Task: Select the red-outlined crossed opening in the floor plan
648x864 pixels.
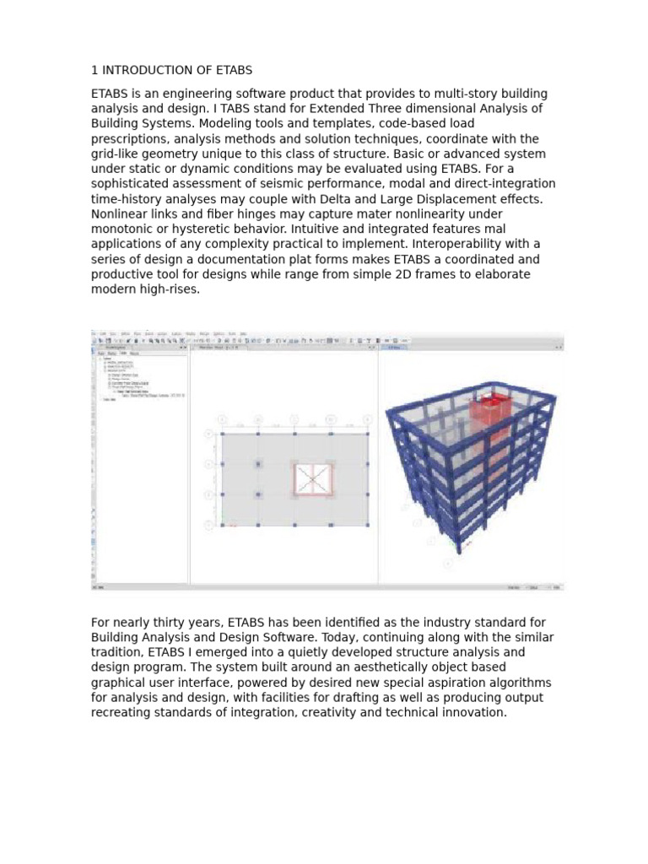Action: (x=312, y=479)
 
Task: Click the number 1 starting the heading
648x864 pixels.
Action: (x=94, y=70)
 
